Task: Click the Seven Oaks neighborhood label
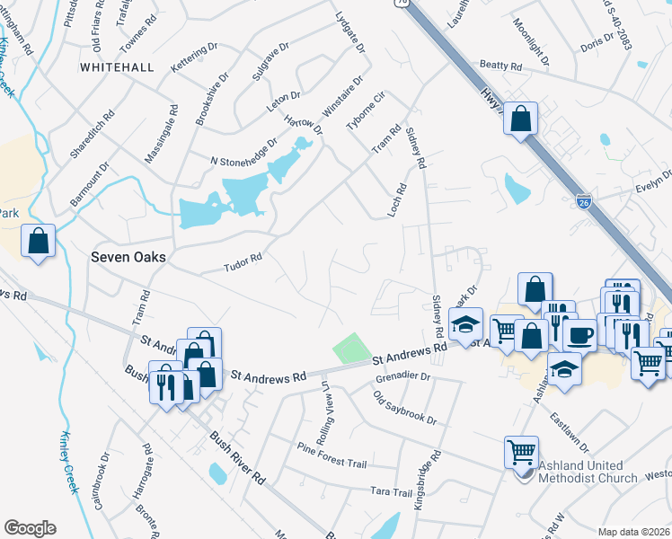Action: [x=128, y=256]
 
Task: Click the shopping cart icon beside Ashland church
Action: [x=523, y=452]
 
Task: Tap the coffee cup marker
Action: [x=579, y=334]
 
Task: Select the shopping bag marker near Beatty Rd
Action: [x=521, y=118]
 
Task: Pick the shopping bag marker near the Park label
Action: [x=39, y=241]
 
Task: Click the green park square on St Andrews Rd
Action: [x=351, y=349]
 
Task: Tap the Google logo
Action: [x=30, y=528]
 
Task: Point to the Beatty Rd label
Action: [x=500, y=66]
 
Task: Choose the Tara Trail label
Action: [x=390, y=492]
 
